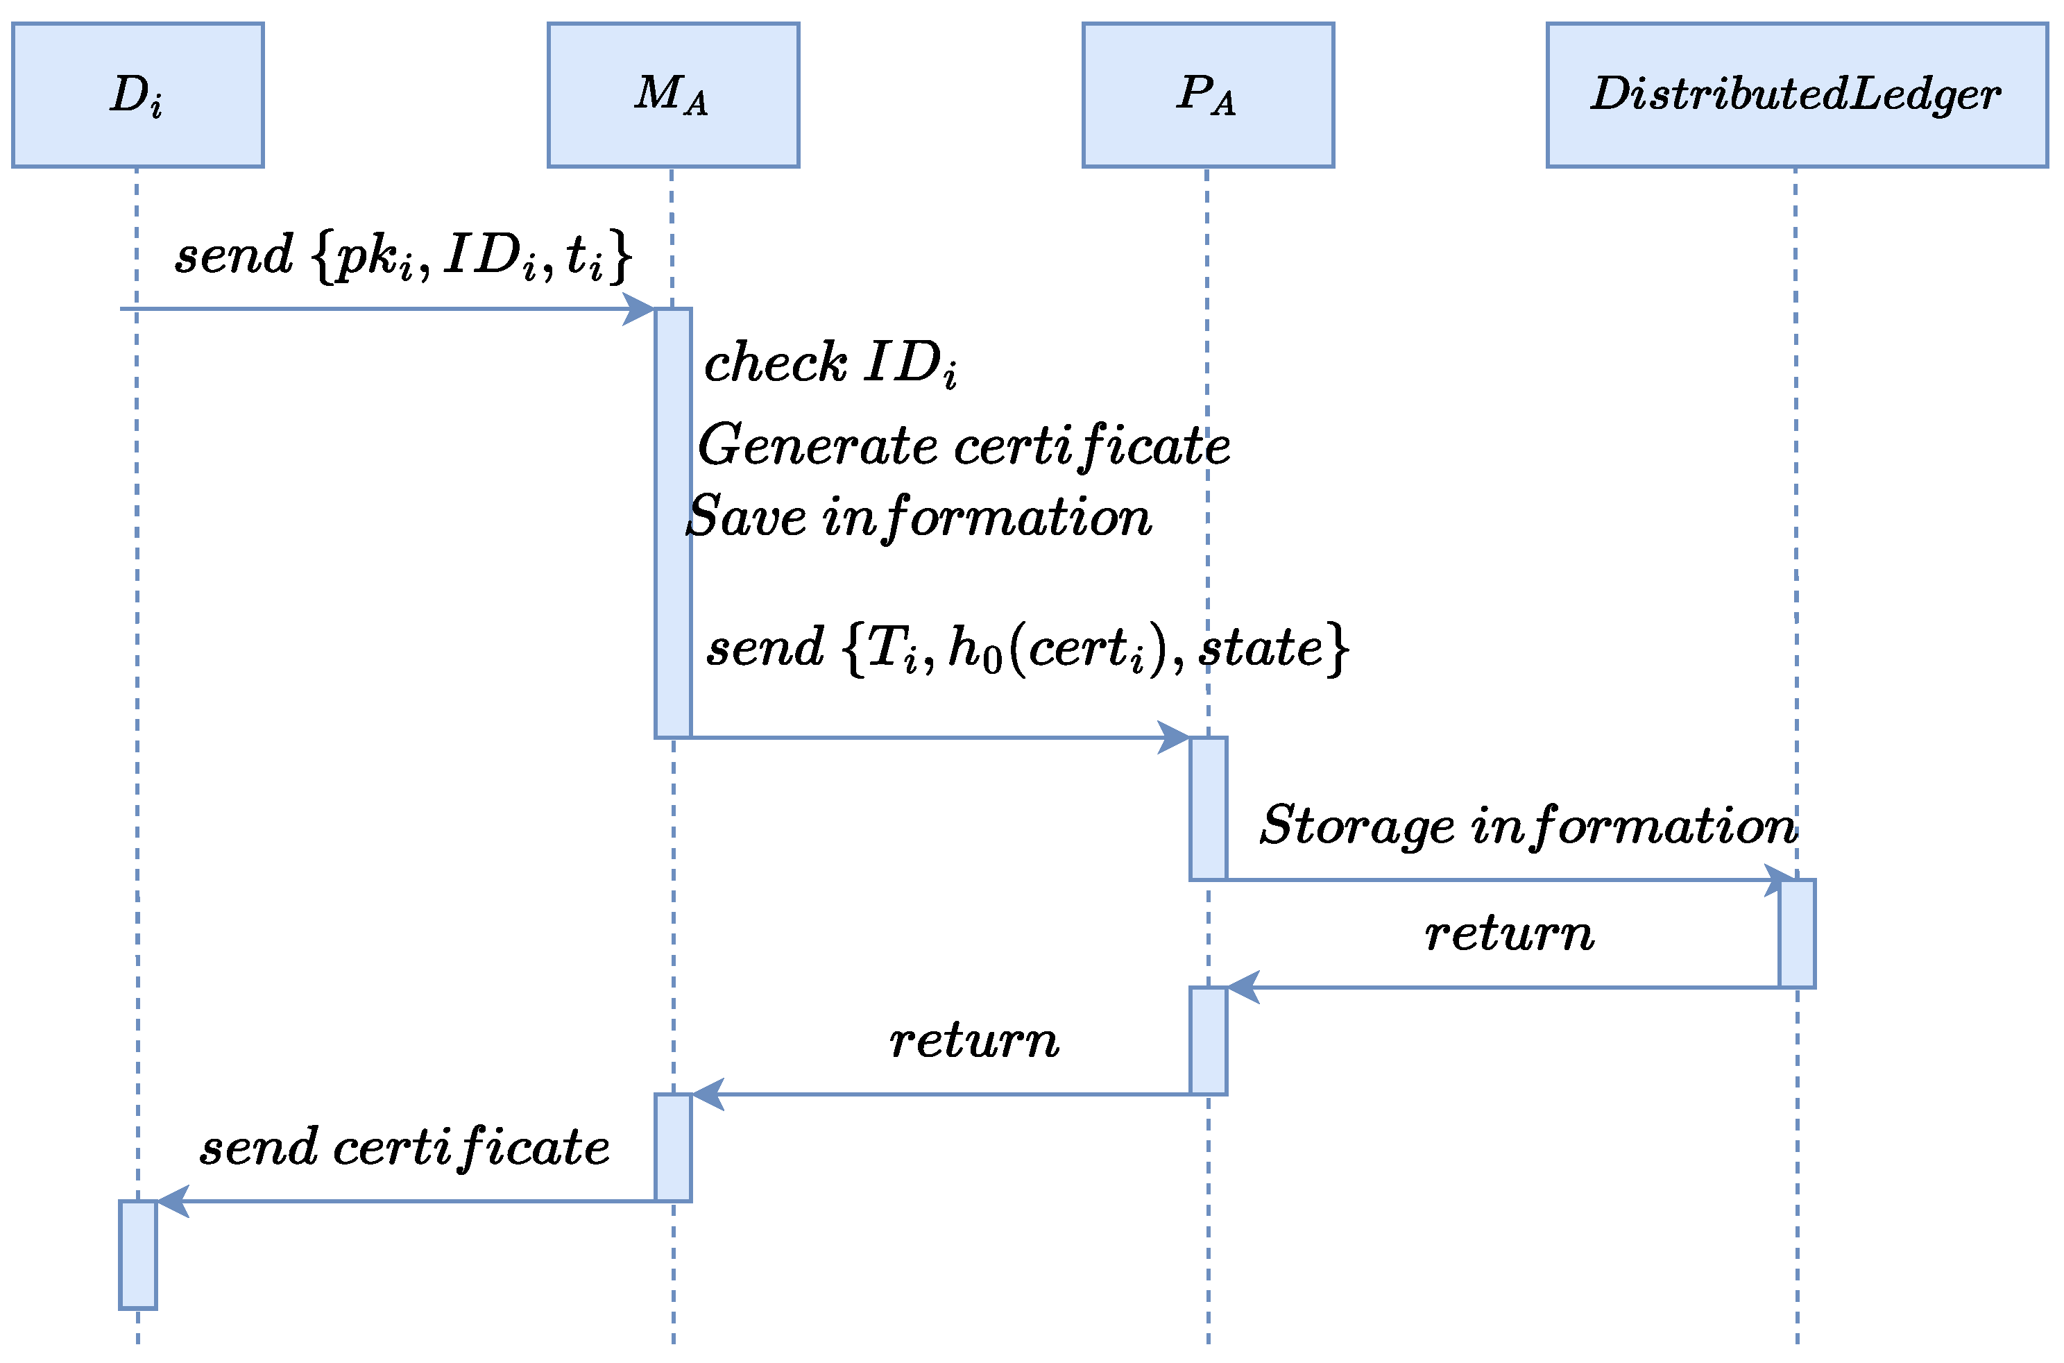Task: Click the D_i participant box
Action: click(x=137, y=95)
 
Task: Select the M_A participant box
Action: click(x=673, y=95)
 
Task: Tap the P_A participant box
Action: click(x=1207, y=95)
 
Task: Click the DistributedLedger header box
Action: click(x=1796, y=95)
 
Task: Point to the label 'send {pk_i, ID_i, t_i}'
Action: click(x=402, y=257)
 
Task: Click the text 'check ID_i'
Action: click(x=830, y=364)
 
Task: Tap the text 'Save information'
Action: click(x=919, y=517)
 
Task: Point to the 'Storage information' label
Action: click(x=1528, y=826)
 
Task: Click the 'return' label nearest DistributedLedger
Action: click(x=1510, y=933)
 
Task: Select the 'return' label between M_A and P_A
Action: click(x=973, y=1040)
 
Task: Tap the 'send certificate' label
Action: click(x=404, y=1147)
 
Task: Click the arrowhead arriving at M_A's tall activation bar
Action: click(x=640, y=309)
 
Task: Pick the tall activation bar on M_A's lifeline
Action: click(x=673, y=523)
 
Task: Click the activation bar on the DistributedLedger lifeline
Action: click(x=1796, y=933)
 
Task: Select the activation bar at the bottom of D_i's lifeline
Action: click(x=137, y=1254)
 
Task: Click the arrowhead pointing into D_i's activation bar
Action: click(x=173, y=1201)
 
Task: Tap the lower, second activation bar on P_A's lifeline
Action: click(x=1208, y=1040)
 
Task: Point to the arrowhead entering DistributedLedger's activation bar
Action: click(x=1780, y=881)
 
